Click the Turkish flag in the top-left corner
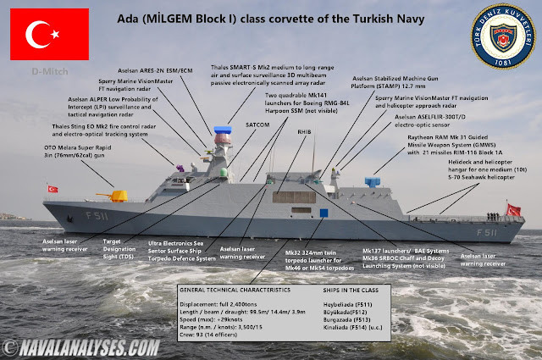[44, 34]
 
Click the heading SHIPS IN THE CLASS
[344, 290]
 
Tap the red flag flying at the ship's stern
[513, 210]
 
